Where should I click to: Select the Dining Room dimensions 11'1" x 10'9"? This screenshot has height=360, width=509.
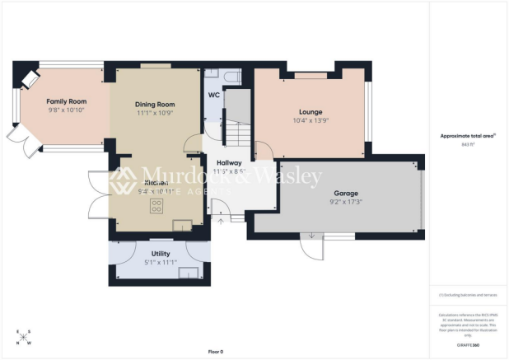pyautogui.click(x=155, y=113)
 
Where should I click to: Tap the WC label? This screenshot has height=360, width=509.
pyautogui.click(x=213, y=95)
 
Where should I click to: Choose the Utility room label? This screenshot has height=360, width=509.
pyautogui.click(x=161, y=254)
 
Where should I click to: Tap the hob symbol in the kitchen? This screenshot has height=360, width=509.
pyautogui.click(x=156, y=208)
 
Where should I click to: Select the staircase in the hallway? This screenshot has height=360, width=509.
pyautogui.click(x=237, y=124)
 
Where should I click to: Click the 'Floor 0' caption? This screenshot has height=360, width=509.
pyautogui.click(x=215, y=352)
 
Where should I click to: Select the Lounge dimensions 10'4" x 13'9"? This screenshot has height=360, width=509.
pyautogui.click(x=311, y=120)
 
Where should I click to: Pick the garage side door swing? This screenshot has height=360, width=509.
pyautogui.click(x=310, y=245)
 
